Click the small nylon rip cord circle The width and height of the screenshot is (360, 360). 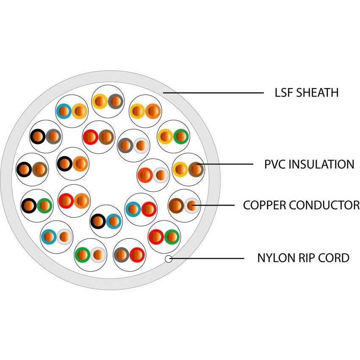pos(169,258)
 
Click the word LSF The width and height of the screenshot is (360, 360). pos(283,92)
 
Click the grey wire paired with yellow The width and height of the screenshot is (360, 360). pos(115,101)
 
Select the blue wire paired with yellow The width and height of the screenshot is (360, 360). pos(64,111)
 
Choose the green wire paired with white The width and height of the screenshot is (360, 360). pos(82,255)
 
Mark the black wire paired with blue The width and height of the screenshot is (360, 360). pos(98,221)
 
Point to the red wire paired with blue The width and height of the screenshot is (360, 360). pos(149,209)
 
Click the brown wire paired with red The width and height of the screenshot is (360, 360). pos(106,137)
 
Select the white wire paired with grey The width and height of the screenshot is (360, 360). pos(141,145)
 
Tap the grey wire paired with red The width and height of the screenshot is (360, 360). pos(122,255)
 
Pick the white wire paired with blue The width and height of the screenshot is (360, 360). pos(64,237)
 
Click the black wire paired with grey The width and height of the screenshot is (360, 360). pos(38,137)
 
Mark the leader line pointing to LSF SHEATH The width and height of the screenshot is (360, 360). pos(212,92)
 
